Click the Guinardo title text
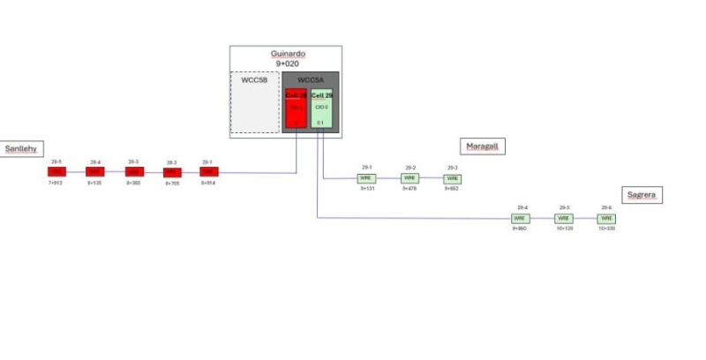(286, 54)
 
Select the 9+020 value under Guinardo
(286, 64)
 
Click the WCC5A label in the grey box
(310, 80)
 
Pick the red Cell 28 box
(297, 109)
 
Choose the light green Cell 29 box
(322, 109)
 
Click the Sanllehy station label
(20, 148)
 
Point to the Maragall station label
(482, 146)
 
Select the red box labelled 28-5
(56, 172)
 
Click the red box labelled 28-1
(208, 172)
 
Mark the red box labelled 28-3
(133, 172)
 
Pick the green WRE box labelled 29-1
(366, 178)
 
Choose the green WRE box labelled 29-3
(453, 178)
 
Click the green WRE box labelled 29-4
(520, 218)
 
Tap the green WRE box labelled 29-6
(605, 218)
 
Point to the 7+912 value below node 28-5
(56, 184)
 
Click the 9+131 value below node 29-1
(366, 189)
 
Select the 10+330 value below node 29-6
(605, 229)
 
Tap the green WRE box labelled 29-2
(409, 178)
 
